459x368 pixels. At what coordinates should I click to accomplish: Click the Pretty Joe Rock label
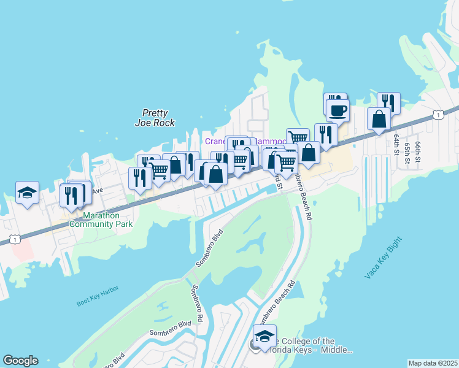pos(155,117)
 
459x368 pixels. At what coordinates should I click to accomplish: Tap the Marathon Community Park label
pos(101,220)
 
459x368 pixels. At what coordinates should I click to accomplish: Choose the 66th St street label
pos(418,150)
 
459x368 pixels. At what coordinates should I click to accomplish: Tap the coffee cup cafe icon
pos(337,110)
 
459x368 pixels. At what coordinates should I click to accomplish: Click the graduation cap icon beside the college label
pos(264,336)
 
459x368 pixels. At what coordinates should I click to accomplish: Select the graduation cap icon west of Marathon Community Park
pos(27,193)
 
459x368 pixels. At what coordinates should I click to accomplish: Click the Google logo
pos(20,361)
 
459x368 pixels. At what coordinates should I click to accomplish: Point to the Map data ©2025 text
pos(432,363)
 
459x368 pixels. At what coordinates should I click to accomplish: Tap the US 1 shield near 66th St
pos(437,115)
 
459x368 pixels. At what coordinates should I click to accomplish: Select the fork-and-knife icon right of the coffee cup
pos(388,102)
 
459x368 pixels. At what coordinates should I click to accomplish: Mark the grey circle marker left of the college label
pos(254,345)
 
